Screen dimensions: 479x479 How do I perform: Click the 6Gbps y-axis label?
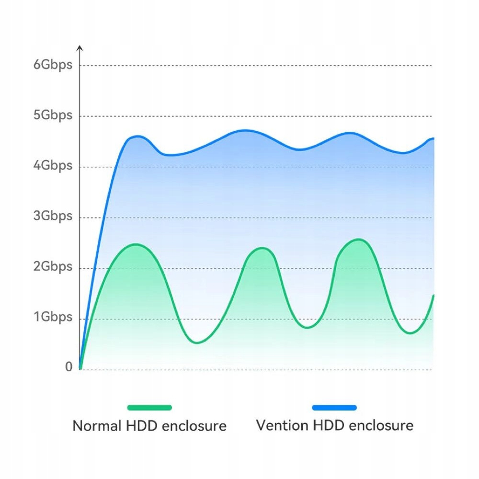(x=53, y=65)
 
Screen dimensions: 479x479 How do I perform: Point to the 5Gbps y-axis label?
(x=53, y=115)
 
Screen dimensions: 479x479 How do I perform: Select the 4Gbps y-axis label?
(x=53, y=166)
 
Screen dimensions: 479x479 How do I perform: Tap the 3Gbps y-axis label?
(x=53, y=216)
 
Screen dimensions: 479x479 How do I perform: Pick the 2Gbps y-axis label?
(x=53, y=267)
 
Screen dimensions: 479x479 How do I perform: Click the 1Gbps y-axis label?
(x=53, y=317)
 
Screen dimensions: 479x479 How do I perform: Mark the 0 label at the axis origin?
(x=68, y=367)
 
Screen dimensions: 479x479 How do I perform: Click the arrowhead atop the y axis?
(x=80, y=47)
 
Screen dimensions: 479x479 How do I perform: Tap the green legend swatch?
(x=149, y=407)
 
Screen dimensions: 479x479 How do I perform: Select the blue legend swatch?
(x=334, y=407)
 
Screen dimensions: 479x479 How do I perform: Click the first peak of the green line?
(x=137, y=244)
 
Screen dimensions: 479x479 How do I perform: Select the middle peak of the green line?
(x=262, y=248)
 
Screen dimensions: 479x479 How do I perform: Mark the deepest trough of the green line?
(x=197, y=342)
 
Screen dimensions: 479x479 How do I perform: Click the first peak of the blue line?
(x=137, y=136)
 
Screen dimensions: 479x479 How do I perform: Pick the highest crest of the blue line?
(x=245, y=130)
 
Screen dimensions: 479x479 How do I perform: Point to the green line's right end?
(x=433, y=296)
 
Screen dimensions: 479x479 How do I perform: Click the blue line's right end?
(x=433, y=138)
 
